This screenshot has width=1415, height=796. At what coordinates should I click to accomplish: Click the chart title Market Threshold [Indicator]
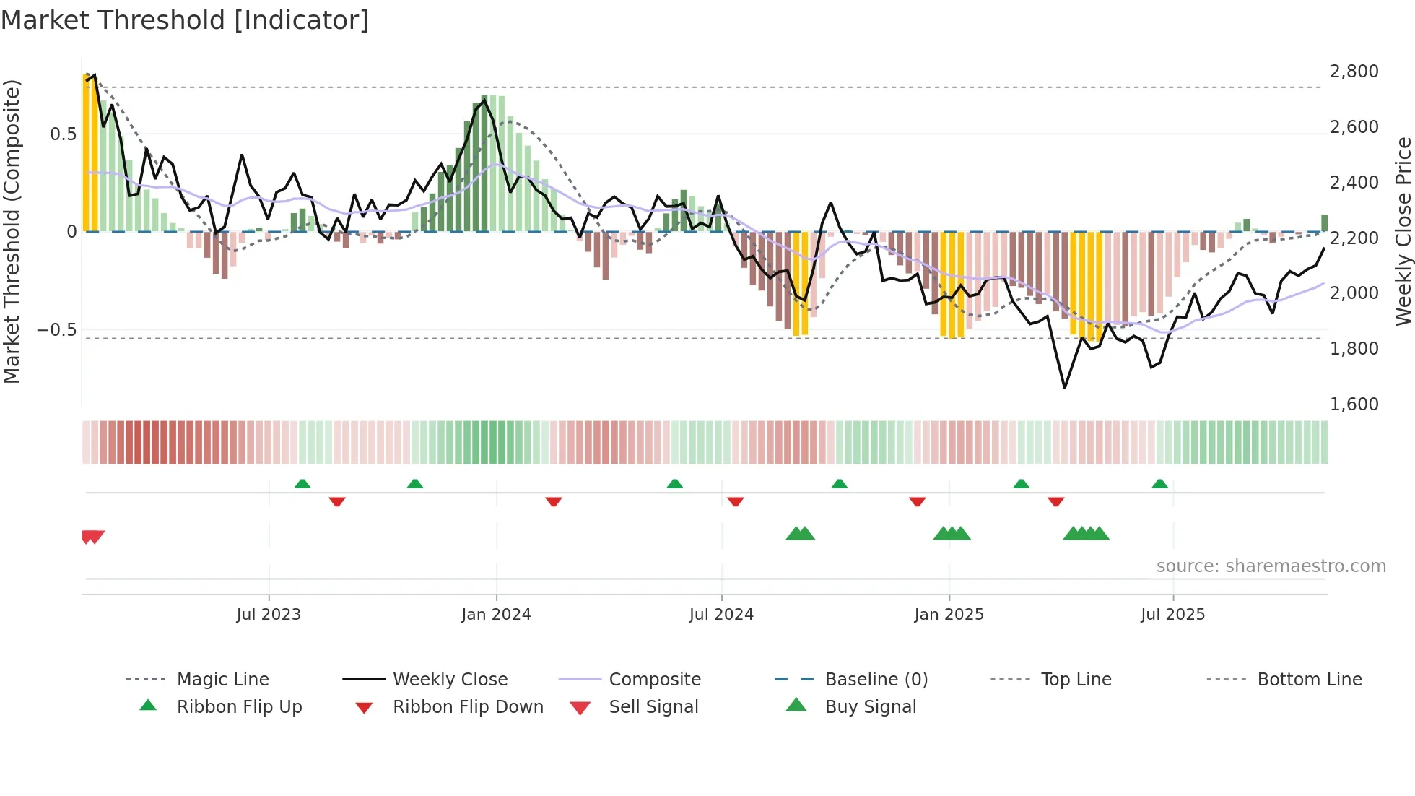click(185, 20)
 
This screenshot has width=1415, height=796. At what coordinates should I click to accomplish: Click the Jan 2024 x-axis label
click(496, 615)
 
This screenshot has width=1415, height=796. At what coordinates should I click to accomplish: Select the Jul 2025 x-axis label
click(1172, 615)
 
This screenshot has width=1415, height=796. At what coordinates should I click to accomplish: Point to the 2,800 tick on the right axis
click(1354, 72)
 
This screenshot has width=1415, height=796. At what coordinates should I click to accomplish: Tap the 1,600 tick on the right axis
click(1354, 404)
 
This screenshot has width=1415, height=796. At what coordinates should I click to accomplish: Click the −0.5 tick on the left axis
click(56, 330)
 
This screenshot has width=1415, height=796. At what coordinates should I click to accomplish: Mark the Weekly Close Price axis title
click(1403, 231)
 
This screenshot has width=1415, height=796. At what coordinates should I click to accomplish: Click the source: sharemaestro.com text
click(1271, 566)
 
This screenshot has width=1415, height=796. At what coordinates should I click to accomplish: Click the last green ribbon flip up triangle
click(1159, 484)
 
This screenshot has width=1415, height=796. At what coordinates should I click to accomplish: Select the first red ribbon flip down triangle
click(337, 501)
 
